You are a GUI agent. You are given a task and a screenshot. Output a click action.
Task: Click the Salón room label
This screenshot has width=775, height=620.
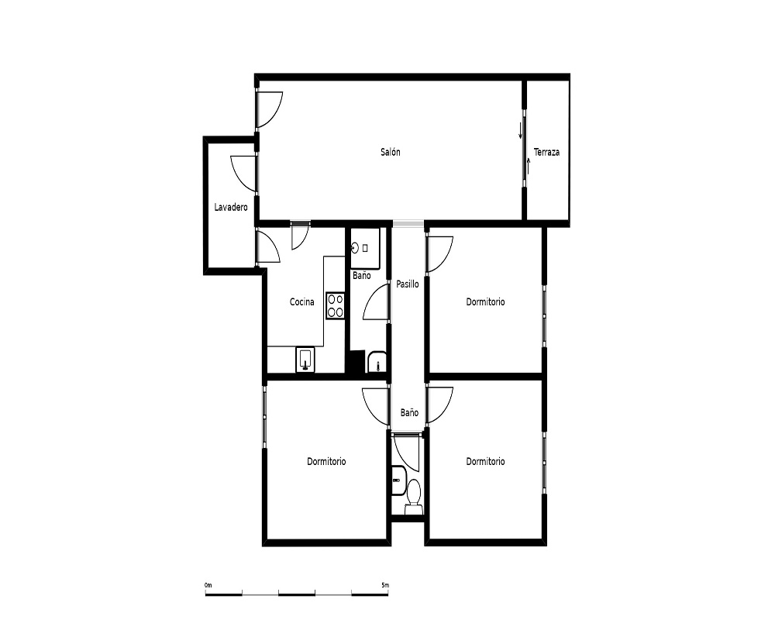pyautogui.click(x=390, y=152)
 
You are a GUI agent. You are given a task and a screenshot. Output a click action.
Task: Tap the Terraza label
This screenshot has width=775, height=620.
pyautogui.click(x=546, y=152)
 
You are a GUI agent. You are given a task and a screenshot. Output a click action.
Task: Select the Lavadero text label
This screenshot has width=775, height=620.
pyautogui.click(x=231, y=207)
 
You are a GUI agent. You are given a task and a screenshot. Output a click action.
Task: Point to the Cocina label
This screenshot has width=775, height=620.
pyautogui.click(x=302, y=301)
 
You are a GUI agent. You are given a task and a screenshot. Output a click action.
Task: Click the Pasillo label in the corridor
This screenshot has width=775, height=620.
pyautogui.click(x=408, y=284)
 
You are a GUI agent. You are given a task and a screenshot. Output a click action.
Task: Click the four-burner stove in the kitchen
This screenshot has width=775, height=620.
pyautogui.click(x=335, y=305)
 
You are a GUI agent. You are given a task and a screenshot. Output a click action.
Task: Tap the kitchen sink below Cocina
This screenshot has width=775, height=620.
pyautogui.click(x=305, y=360)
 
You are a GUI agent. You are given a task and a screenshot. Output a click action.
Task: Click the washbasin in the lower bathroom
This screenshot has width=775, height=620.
pyautogui.click(x=398, y=480)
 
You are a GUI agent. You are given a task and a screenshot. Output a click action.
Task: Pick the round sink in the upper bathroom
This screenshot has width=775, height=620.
pyautogui.click(x=355, y=248)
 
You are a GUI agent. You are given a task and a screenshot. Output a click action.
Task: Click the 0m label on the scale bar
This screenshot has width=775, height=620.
pyautogui.click(x=208, y=585)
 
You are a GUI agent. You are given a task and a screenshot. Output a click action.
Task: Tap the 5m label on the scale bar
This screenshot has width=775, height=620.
pyautogui.click(x=385, y=585)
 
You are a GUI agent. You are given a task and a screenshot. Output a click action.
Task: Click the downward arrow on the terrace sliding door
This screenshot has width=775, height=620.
pyautogui.click(x=520, y=130)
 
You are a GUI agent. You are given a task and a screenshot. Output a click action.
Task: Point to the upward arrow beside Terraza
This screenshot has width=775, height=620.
pyautogui.click(x=529, y=166)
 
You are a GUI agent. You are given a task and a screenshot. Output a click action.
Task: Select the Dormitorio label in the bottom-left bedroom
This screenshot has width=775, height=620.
pyautogui.click(x=326, y=461)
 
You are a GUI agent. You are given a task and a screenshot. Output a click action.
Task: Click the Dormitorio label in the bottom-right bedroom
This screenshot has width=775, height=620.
pyautogui.click(x=485, y=461)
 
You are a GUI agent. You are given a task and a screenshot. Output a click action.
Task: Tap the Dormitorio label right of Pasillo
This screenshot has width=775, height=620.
pyautogui.click(x=485, y=301)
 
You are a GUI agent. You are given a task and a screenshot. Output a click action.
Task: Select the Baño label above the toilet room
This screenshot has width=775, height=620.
pyautogui.click(x=409, y=412)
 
